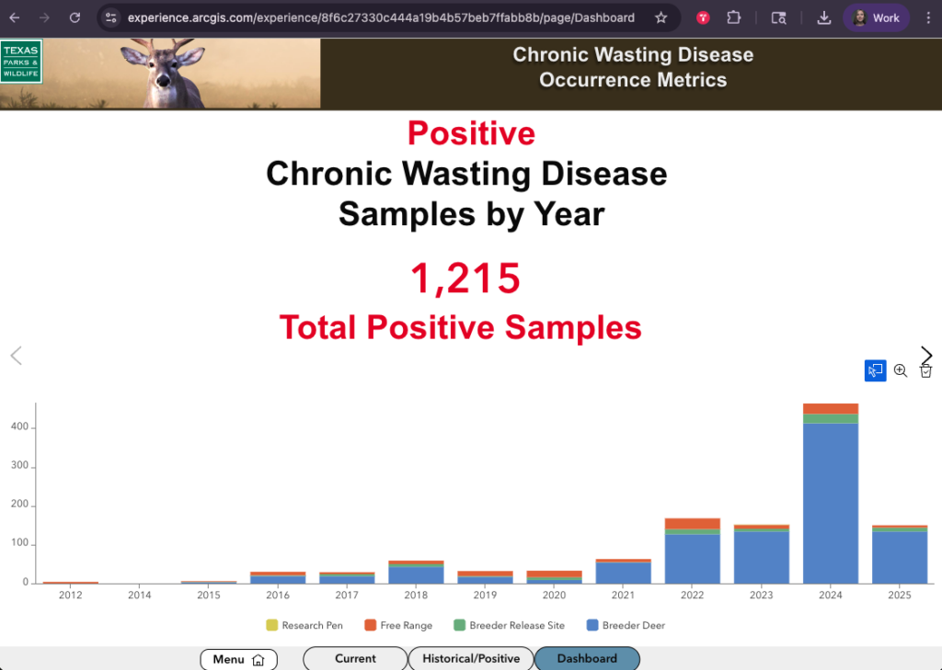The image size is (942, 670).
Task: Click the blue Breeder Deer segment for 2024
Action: click(x=831, y=503)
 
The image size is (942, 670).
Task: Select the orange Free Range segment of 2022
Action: click(x=692, y=524)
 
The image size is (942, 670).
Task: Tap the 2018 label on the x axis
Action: click(x=416, y=595)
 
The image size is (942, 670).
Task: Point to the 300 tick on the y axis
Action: click(x=19, y=465)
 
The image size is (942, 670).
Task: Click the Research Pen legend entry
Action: click(x=304, y=625)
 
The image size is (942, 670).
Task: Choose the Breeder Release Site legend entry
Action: click(x=510, y=625)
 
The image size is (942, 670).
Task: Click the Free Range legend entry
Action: click(x=398, y=625)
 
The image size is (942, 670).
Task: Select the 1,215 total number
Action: click(x=465, y=278)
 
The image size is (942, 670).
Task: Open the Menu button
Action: click(x=238, y=659)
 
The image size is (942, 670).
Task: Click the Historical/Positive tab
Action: click(x=471, y=659)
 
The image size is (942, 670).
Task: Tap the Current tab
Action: click(x=355, y=659)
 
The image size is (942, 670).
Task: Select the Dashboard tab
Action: click(x=587, y=659)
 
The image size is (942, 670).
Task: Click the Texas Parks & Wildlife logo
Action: click(x=21, y=62)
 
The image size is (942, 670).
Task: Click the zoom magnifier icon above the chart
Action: click(x=900, y=370)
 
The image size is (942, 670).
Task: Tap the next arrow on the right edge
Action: click(x=925, y=355)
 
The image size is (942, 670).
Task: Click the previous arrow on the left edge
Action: click(x=17, y=356)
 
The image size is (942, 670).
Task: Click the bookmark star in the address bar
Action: click(x=661, y=18)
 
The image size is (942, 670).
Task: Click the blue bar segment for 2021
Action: click(x=623, y=573)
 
